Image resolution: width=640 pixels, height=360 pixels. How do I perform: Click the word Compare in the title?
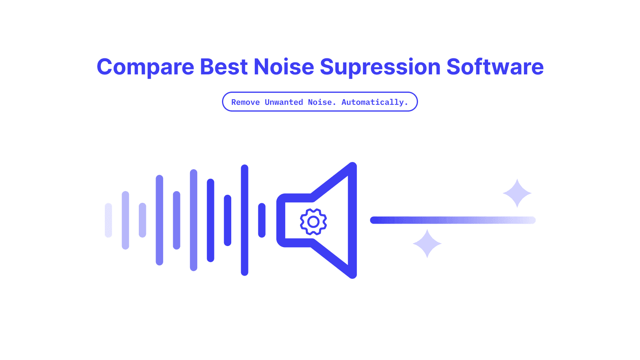click(146, 67)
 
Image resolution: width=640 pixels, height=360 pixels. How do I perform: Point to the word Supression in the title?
click(380, 68)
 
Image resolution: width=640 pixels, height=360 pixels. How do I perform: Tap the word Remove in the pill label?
click(246, 102)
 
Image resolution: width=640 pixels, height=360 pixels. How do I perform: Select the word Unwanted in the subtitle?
click(284, 102)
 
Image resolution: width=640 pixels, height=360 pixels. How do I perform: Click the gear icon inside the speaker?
click(314, 222)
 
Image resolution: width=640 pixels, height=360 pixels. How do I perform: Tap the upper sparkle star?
click(517, 193)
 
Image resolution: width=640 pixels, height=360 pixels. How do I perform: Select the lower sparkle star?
click(427, 244)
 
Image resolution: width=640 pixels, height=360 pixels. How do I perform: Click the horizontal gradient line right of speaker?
click(453, 220)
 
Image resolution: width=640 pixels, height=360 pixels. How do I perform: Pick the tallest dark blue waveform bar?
click(244, 220)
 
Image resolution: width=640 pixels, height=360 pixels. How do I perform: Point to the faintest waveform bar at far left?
click(108, 220)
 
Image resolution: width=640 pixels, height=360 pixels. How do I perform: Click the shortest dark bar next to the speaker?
click(262, 220)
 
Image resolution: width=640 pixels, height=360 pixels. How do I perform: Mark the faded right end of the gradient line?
click(533, 220)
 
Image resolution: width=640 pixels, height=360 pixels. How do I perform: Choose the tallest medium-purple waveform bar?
click(194, 220)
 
